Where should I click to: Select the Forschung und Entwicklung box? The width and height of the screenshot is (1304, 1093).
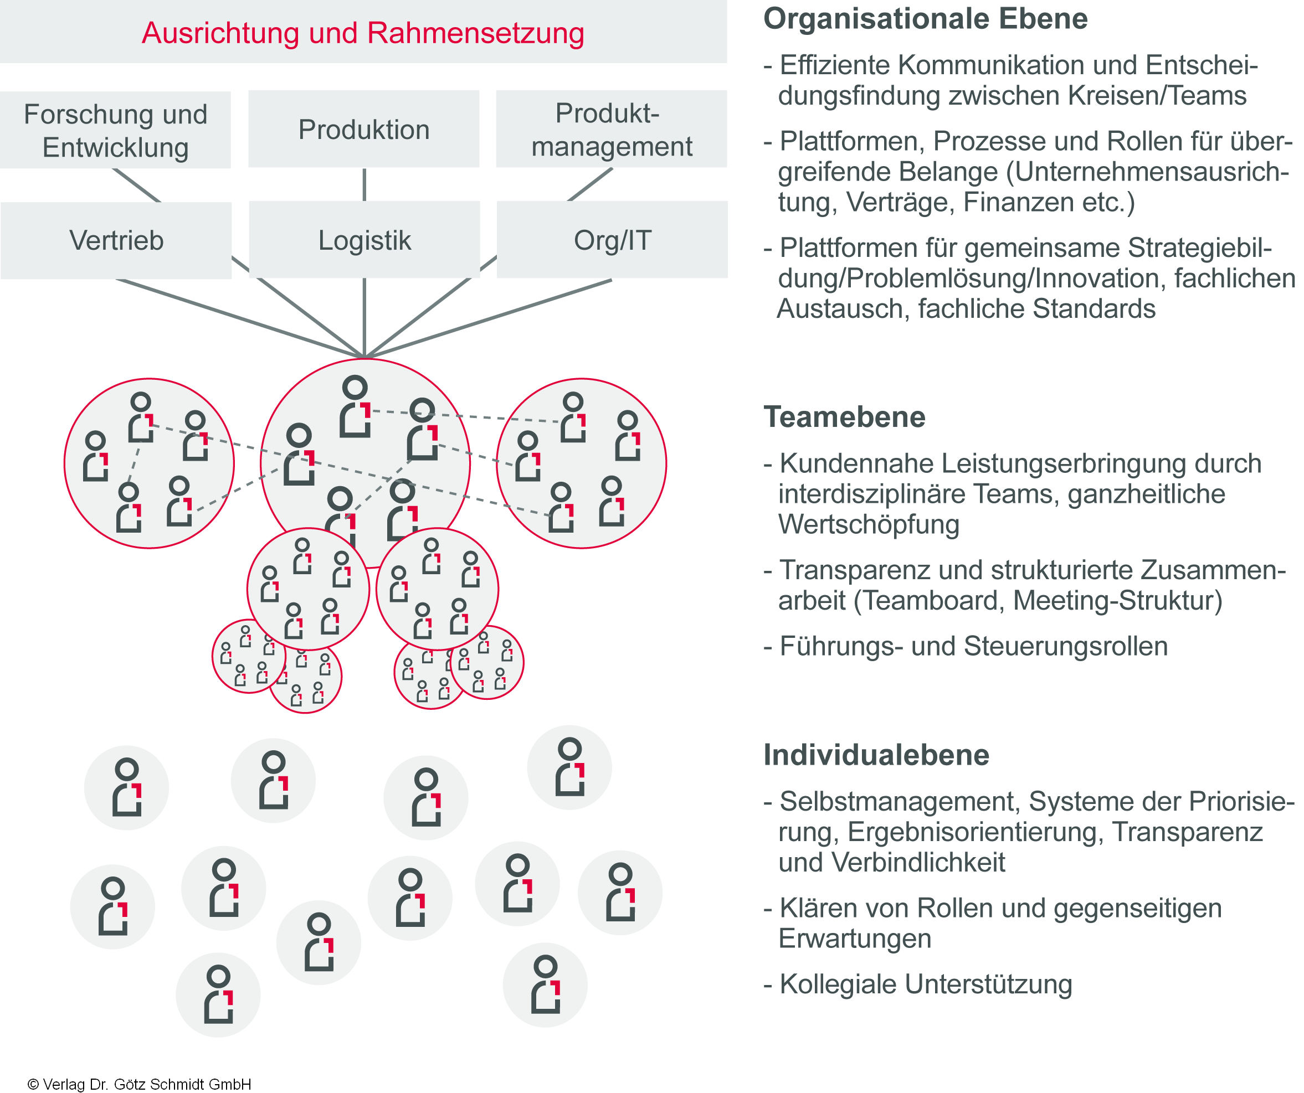click(115, 130)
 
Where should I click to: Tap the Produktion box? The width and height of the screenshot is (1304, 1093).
click(364, 130)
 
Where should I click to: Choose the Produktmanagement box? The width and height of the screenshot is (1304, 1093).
click(611, 130)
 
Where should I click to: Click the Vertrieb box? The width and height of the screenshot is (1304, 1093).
click(116, 240)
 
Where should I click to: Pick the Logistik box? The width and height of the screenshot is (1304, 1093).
click(364, 240)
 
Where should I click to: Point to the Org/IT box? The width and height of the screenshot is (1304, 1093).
click(612, 240)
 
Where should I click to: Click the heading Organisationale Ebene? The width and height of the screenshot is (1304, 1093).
click(925, 19)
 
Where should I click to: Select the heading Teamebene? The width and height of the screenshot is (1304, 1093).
click(844, 417)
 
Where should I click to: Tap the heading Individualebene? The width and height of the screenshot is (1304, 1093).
click(876, 755)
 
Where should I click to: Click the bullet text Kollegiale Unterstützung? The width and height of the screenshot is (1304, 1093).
click(925, 984)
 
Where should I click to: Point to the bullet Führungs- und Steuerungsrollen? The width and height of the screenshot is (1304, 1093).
click(973, 646)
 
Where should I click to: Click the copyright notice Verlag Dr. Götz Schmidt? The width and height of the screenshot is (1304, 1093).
click(140, 1084)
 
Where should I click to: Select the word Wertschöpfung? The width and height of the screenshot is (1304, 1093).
click(869, 524)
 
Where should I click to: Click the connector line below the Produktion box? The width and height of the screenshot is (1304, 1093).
click(364, 184)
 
